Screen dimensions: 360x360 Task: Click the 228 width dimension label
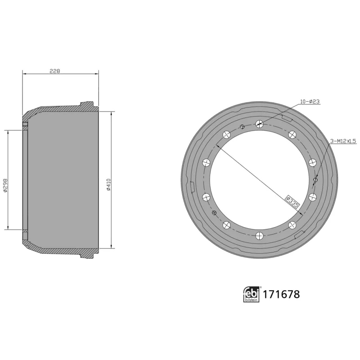54,71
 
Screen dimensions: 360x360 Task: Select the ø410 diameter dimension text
108,184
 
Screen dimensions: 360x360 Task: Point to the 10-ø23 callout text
310,102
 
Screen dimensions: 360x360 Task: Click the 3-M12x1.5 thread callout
343,141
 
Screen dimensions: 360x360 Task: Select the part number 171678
281,295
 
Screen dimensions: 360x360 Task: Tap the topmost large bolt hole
259,124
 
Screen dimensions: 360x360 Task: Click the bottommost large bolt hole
259,235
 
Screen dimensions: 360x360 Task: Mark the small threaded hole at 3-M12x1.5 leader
315,180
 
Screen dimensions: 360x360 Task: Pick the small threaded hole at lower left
214,212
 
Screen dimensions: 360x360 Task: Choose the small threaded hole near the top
243,126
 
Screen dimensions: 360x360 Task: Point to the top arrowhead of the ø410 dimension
111,112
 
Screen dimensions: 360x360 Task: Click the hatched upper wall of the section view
58,109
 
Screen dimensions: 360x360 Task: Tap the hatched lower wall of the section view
58,252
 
